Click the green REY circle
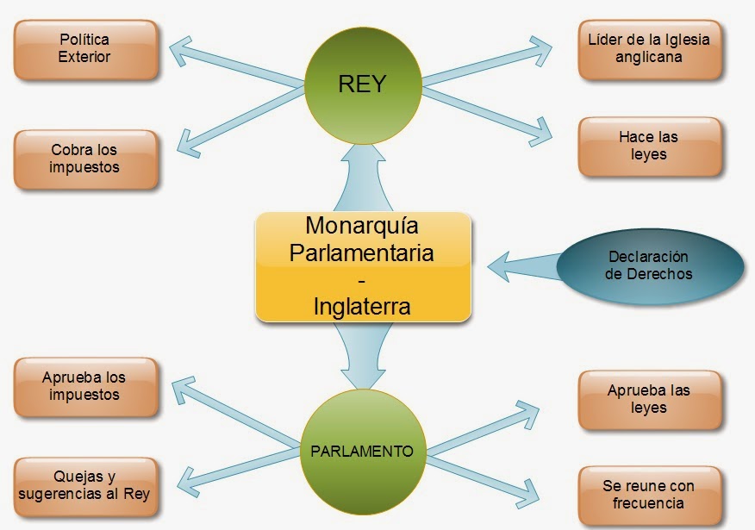362,85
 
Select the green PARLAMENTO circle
362,450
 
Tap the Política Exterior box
85,48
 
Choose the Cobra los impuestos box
85,159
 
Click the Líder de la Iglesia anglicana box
649,48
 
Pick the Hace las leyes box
649,146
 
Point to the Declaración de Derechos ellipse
649,265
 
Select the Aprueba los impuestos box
85,386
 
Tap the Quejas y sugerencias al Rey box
85,485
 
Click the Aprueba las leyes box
649,399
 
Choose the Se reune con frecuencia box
649,495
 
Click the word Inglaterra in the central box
362,306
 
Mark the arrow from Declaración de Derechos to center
526,264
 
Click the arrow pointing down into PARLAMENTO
362,355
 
